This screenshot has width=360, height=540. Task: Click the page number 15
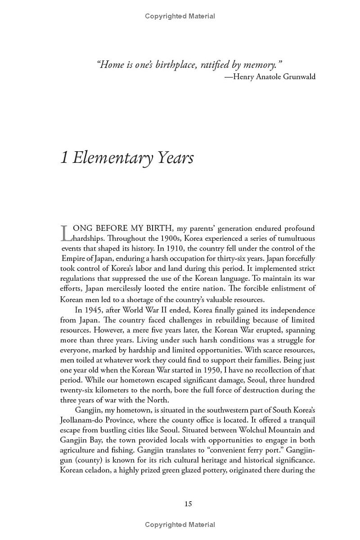coord(188,504)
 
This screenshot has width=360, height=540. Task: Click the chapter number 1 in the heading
coord(64,158)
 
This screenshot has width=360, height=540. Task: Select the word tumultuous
coord(294,238)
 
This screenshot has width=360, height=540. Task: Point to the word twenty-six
coord(76,390)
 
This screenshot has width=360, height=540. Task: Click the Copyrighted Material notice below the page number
coord(180,524)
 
